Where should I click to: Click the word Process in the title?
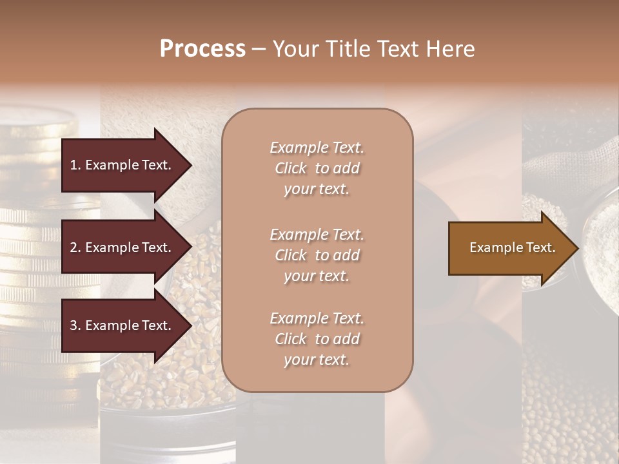pos(202,49)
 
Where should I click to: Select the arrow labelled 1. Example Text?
pos(123,165)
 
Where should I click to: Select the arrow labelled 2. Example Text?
pos(123,247)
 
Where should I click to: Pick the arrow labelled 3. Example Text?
pos(123,325)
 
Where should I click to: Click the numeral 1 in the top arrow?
pos(73,165)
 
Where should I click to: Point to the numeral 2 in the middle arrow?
pos(74,247)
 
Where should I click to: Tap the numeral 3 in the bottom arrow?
pos(74,325)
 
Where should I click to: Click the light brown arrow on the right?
pos(509,248)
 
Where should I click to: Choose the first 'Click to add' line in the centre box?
pos(317,168)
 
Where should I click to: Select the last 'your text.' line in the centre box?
pos(317,360)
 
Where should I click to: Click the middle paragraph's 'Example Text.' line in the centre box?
pos(317,235)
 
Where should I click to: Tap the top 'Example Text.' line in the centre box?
pos(317,148)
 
